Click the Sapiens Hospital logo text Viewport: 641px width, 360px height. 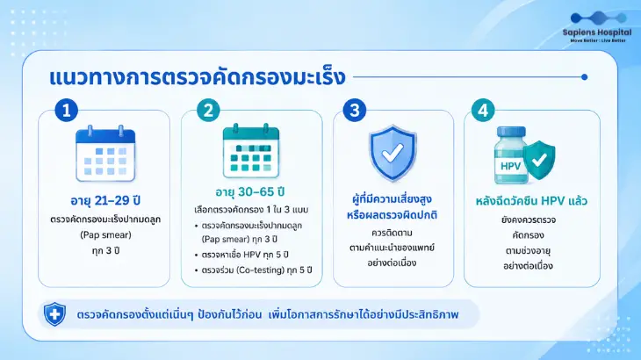coord(597,32)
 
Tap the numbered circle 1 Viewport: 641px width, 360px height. coord(66,110)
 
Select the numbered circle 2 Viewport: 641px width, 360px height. coord(208,110)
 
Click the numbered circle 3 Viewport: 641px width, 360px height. coord(355,110)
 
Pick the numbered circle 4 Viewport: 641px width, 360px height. coord(483,110)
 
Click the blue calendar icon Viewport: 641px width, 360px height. coord(105,154)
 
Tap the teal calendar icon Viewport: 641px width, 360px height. coord(251,151)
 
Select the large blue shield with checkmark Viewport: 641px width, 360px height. coord(393,154)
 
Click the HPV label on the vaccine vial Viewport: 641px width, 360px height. coord(510,166)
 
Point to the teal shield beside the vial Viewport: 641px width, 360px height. coord(539,160)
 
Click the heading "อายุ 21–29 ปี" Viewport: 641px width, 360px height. coord(105,201)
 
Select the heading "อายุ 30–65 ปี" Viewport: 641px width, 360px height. coord(250,191)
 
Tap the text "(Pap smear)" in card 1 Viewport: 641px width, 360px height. coord(105,235)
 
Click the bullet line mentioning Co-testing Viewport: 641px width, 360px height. coord(254,270)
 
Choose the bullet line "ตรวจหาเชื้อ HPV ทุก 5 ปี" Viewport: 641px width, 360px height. coord(241,255)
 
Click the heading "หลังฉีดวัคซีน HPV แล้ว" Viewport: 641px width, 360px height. coord(531,201)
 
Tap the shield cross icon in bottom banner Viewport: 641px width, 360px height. coord(54,314)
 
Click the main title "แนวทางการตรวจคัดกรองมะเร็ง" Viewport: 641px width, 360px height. coord(198,77)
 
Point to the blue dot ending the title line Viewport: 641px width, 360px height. coord(584,76)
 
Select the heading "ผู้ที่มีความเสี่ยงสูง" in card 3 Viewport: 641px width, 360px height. coord(392,199)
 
